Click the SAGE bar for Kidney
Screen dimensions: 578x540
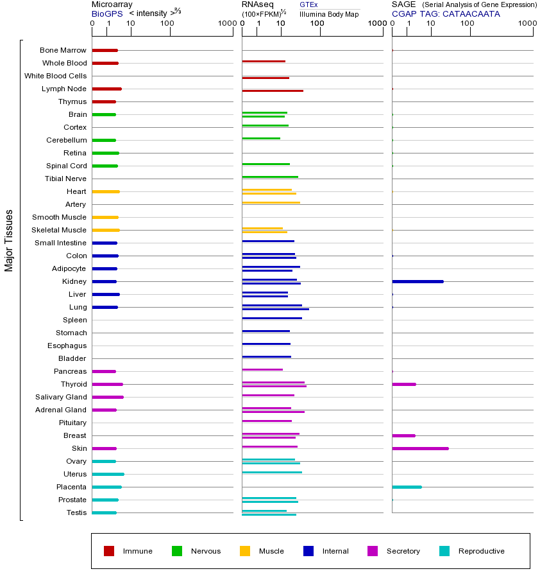pos(418,281)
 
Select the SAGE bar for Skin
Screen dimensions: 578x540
pos(420,448)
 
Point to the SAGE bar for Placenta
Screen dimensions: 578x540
pos(407,487)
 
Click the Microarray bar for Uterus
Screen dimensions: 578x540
pos(108,474)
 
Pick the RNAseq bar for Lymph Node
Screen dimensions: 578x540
pos(273,91)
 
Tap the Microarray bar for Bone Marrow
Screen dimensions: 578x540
pos(105,50)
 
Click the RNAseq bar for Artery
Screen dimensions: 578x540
pos(271,202)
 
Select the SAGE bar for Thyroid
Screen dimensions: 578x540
pos(404,384)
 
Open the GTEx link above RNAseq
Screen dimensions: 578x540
pos(308,4)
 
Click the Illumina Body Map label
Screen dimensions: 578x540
pos(329,13)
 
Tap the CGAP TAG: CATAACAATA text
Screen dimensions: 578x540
pos(446,13)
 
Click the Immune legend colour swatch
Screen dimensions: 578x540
pos(109,551)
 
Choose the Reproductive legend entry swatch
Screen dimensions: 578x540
pos(444,551)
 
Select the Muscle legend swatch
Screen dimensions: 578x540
pos(245,551)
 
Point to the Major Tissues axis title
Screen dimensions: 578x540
pos(9,240)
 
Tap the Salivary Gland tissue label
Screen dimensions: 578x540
pos(61,397)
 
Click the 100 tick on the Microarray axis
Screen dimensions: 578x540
pos(167,24)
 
